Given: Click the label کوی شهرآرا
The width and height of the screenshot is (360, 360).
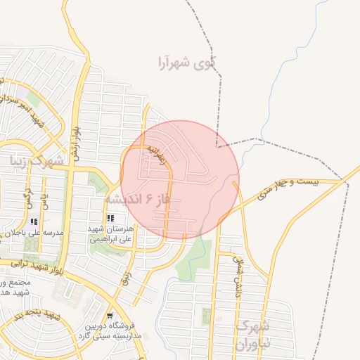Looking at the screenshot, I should (186, 63).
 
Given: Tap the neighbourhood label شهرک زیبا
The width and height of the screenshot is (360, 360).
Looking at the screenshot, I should (37, 160).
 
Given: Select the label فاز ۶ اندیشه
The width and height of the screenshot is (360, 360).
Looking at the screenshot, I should (138, 200).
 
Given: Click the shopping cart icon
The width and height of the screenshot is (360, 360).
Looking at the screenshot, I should (110, 315).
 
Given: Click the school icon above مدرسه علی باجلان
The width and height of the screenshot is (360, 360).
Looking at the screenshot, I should (34, 221).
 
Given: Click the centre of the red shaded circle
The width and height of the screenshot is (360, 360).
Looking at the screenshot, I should (180, 179).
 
